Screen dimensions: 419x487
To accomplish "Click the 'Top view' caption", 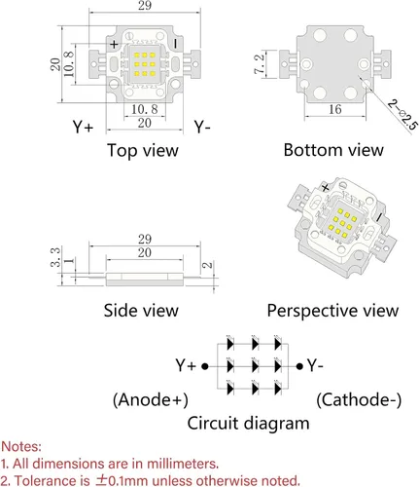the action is click(143, 151).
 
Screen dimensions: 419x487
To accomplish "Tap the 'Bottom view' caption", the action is click(333, 150).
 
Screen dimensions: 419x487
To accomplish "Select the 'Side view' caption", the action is click(141, 311).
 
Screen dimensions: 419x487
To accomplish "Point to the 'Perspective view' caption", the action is click(332, 311).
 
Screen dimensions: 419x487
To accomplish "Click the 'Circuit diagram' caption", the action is click(248, 424).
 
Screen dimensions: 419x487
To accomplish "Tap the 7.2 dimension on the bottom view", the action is click(260, 64).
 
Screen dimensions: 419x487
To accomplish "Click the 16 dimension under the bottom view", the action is click(334, 109).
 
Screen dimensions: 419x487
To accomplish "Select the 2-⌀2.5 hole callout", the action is click(402, 115).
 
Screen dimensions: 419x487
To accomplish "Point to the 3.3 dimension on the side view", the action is click(55, 257).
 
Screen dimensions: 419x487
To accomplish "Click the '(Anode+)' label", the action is click(151, 399).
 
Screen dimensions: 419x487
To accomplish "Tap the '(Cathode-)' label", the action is click(359, 399).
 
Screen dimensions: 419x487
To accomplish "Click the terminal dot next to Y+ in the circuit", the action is click(205, 366).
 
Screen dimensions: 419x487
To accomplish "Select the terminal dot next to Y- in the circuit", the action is click(299, 366).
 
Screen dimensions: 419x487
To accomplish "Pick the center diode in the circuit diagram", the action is click(255, 366).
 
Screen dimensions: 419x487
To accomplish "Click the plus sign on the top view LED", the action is click(114, 44).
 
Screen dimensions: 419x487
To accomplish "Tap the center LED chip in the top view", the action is click(145, 64).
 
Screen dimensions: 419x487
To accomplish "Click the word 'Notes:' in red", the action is click(21, 447).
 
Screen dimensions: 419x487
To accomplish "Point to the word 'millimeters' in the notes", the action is click(182, 464).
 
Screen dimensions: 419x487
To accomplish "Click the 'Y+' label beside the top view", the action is click(83, 127).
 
